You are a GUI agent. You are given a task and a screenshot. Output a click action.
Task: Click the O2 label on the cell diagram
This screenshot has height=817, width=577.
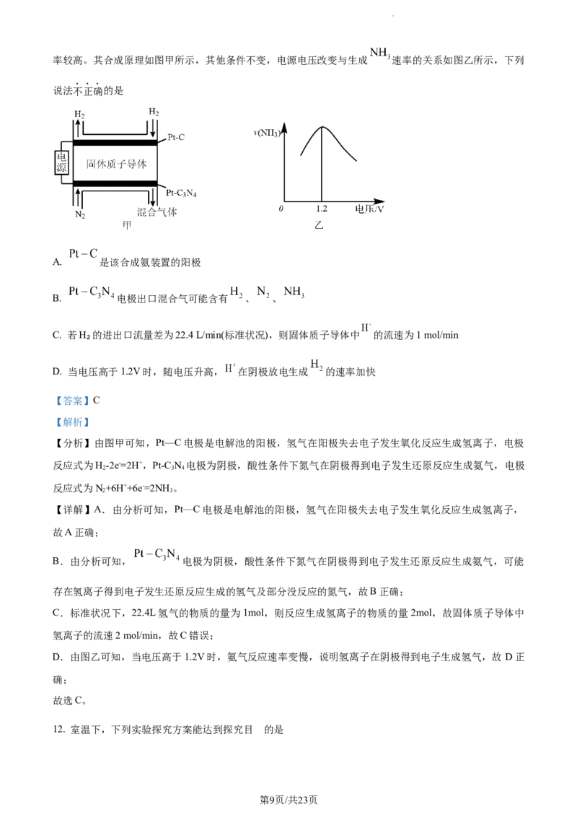tap(81, 113)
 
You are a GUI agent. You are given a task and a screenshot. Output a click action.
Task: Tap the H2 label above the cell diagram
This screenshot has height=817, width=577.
tap(154, 111)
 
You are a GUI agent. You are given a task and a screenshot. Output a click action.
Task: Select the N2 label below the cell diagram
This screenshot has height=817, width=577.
tap(81, 214)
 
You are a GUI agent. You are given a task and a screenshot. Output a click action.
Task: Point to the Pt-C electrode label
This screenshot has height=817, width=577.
tap(176, 137)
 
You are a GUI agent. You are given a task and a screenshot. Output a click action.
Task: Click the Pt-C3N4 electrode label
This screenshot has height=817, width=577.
tap(180, 193)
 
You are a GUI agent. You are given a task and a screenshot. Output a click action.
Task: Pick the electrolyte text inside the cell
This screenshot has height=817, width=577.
tap(118, 164)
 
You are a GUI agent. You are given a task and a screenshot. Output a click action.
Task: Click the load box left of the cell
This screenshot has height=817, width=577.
tap(61, 162)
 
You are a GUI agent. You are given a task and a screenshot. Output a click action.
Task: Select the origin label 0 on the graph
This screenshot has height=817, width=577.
tap(283, 209)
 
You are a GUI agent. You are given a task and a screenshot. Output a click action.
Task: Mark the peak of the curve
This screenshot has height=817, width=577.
tap(321, 126)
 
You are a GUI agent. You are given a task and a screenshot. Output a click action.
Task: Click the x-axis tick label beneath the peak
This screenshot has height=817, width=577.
tap(321, 209)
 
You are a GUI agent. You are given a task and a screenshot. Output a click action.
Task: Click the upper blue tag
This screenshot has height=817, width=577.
tap(72, 401)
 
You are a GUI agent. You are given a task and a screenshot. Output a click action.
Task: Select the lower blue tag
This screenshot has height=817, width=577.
tap(72, 421)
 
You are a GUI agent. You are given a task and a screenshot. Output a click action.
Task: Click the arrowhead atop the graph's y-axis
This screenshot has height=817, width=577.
tap(286, 126)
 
